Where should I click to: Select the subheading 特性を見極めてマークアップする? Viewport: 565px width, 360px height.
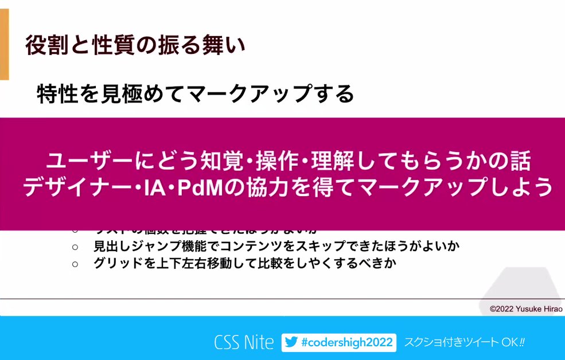coord(195,93)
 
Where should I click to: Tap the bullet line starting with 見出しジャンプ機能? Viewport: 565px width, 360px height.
coord(277,247)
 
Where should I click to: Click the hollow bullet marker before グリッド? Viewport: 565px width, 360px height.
coord(75,264)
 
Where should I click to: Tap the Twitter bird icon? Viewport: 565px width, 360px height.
coord(291,343)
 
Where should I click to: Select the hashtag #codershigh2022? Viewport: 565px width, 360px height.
coord(346,343)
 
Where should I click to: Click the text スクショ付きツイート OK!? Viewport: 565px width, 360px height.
coord(465,343)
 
